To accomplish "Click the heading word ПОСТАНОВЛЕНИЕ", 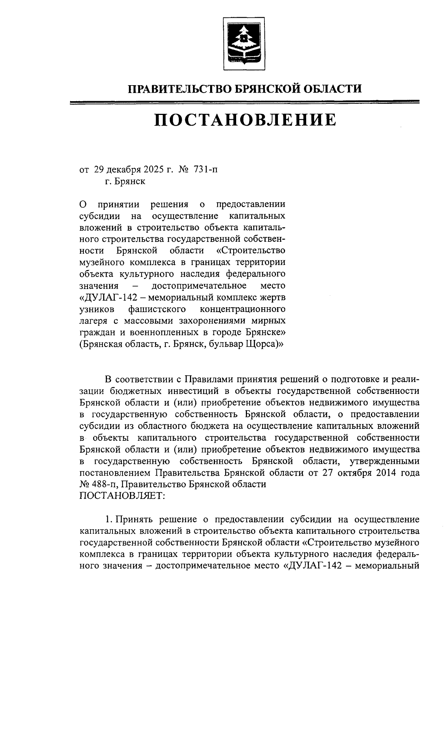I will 245,120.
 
